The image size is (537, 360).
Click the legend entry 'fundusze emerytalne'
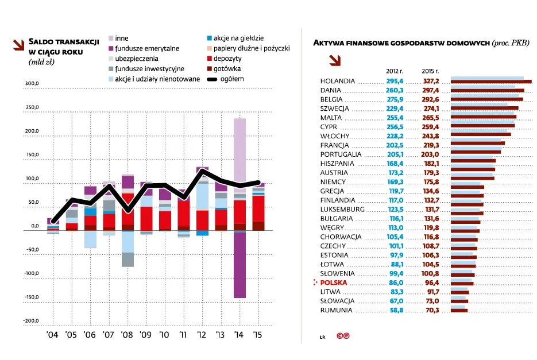click(x=147, y=48)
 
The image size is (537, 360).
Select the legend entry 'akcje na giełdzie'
click(x=239, y=38)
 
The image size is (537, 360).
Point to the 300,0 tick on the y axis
click(x=31, y=84)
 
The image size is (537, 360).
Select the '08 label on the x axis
click(x=127, y=334)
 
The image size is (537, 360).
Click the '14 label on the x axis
click(x=239, y=334)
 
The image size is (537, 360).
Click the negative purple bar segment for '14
click(x=239, y=264)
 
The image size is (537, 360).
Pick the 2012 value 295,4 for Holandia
click(x=395, y=81)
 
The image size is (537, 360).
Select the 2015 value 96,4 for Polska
click(x=431, y=282)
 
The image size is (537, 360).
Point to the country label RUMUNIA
click(x=336, y=310)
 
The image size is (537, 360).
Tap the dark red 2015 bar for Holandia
click(x=491, y=82)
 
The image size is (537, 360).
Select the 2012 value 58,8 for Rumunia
click(x=396, y=310)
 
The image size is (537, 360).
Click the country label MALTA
click(x=331, y=118)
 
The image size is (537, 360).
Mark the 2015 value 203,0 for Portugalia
click(x=431, y=154)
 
